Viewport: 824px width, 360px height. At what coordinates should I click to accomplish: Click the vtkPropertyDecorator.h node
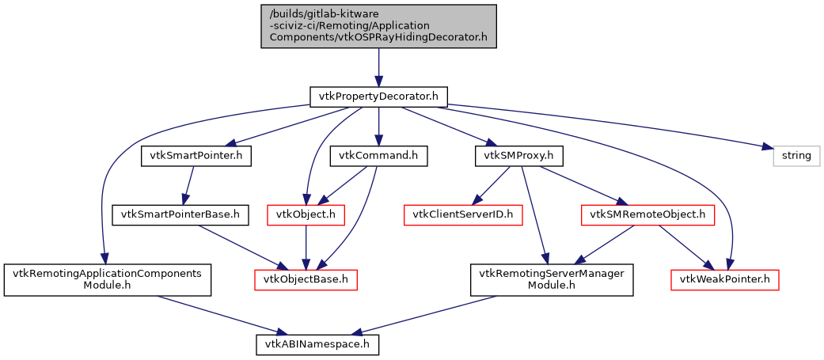(378, 97)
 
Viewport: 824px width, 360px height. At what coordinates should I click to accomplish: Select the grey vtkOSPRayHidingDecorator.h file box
(378, 26)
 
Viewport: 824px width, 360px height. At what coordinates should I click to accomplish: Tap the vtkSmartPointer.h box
(196, 156)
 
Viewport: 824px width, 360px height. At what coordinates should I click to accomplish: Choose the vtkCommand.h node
(378, 156)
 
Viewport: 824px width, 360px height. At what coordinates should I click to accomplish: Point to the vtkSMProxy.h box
(518, 156)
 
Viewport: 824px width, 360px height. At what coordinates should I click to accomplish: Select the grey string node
(796, 156)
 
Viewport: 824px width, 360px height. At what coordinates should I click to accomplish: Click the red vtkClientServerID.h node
(464, 214)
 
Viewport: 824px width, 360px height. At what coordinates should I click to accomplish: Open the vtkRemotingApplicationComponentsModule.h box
(108, 279)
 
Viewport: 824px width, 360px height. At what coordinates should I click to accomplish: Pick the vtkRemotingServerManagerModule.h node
(552, 279)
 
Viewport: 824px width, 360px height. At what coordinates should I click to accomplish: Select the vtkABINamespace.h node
(317, 344)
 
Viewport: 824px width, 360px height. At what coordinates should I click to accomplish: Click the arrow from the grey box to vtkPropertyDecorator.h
(378, 67)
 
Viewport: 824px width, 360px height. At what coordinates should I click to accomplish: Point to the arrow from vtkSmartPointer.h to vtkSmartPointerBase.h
(188, 185)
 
